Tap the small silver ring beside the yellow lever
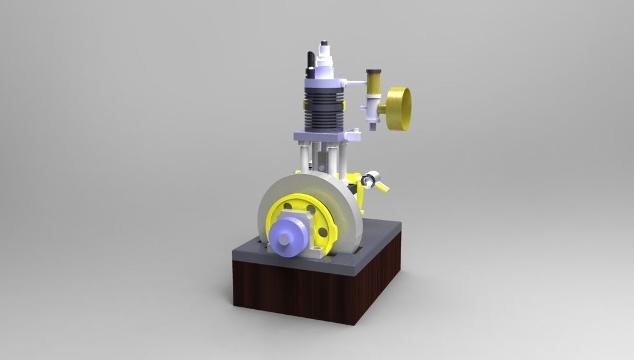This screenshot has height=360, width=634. click(x=370, y=180)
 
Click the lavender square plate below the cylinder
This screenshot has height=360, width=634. click(x=319, y=137)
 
